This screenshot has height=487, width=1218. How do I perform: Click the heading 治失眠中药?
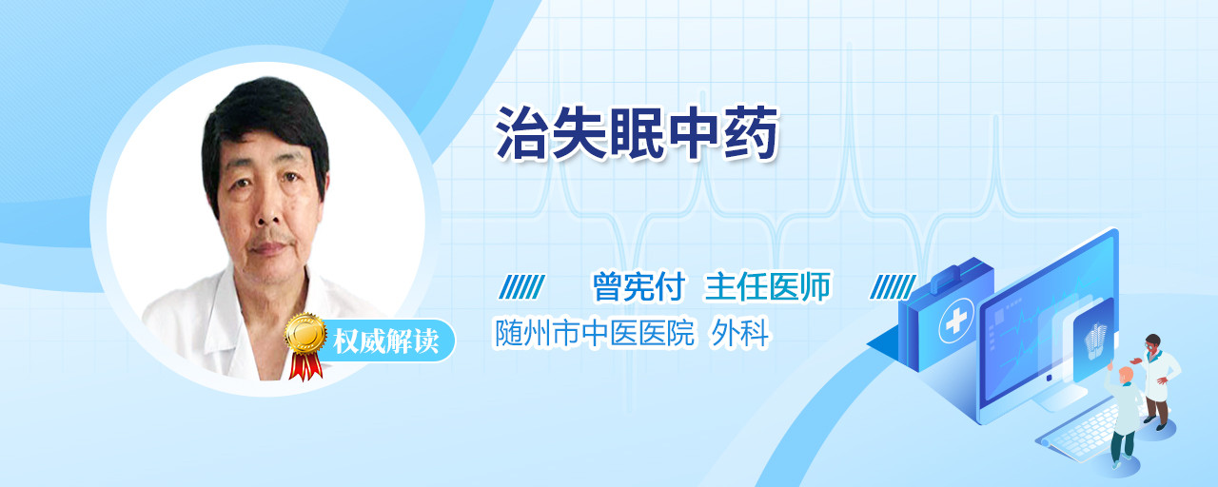coord(638,134)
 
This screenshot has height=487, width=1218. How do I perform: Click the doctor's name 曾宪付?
coord(638,286)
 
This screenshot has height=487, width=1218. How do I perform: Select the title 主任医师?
coord(768,286)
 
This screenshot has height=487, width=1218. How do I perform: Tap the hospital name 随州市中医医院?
coord(595,333)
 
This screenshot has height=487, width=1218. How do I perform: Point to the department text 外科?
coord(739,333)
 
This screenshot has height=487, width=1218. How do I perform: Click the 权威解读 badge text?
coord(386,341)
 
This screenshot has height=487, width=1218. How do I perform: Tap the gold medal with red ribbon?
coord(305,345)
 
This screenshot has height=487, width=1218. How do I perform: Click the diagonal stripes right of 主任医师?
coord(893,287)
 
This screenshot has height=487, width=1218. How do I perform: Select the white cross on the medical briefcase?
coord(956,321)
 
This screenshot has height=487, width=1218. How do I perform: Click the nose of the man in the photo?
coord(267,211)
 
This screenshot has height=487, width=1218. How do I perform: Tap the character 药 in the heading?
coord(752,134)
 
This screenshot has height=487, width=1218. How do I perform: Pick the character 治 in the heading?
coord(522,134)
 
